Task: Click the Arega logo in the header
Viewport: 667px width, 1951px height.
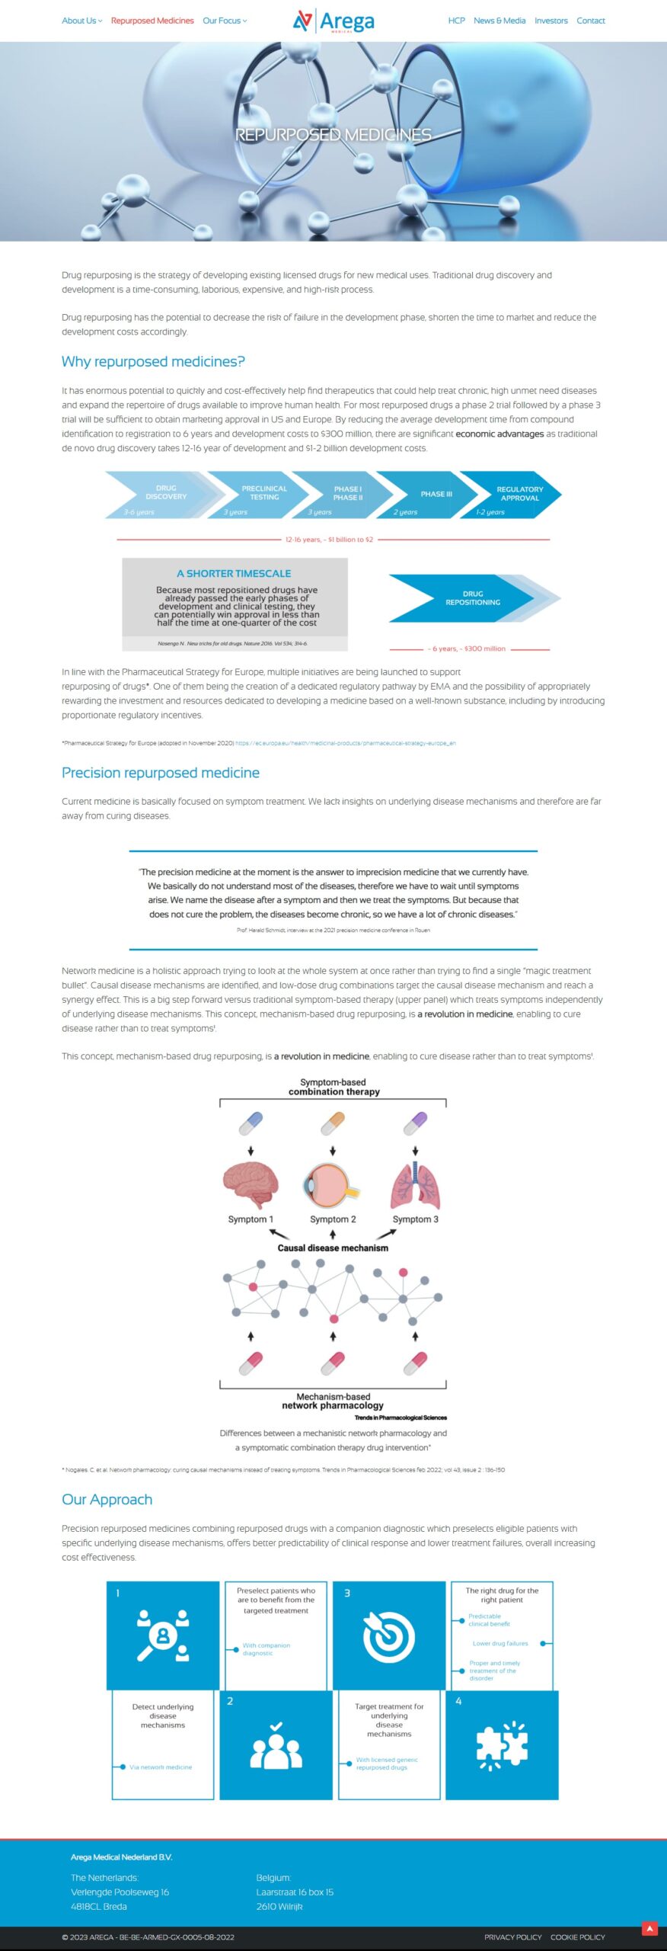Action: point(333,21)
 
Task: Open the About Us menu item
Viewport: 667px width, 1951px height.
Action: point(81,21)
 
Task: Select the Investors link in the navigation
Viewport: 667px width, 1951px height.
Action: point(551,21)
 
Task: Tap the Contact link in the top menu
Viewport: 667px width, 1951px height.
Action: point(590,21)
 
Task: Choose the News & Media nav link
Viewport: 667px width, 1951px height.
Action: point(499,21)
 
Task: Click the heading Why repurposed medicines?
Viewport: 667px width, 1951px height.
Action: point(153,361)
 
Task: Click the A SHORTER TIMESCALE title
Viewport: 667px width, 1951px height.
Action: point(234,573)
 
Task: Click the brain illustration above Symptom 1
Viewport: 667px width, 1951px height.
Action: point(250,1184)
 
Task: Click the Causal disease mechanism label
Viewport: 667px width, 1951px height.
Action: point(333,1248)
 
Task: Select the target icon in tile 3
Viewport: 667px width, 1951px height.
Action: point(388,1636)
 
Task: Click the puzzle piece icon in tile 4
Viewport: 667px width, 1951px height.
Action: point(502,1744)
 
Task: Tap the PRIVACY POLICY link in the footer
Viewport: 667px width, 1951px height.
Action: point(512,1937)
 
